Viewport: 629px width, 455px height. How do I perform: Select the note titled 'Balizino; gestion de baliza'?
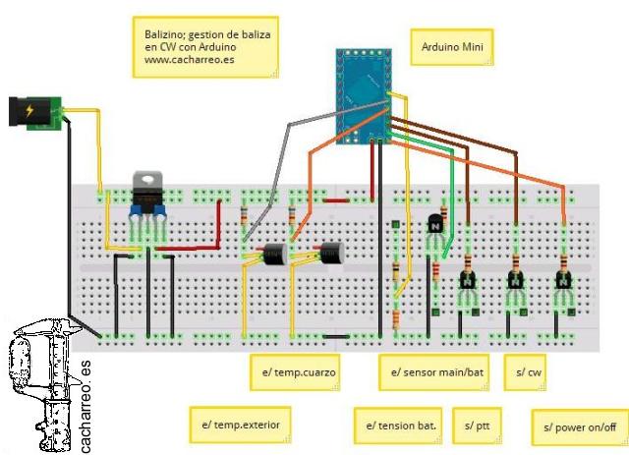point(204,46)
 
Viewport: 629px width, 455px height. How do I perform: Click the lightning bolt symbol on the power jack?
point(29,109)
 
